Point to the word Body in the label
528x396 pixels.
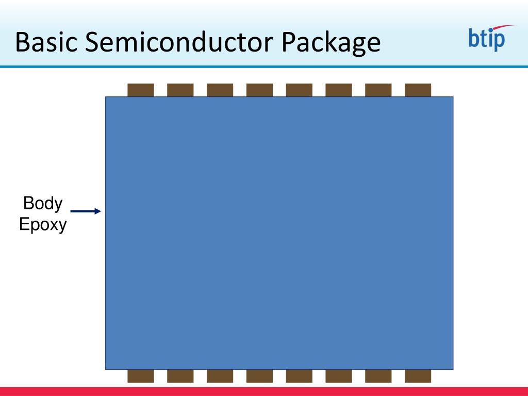click(x=43, y=203)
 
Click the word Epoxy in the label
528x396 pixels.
click(x=43, y=225)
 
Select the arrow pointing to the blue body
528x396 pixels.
click(x=86, y=211)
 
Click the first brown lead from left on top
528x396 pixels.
click(x=141, y=90)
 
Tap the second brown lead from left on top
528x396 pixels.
click(x=180, y=90)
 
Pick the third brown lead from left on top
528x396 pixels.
click(x=220, y=90)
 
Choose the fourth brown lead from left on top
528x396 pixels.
click(x=259, y=90)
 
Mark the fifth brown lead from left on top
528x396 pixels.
click(x=299, y=90)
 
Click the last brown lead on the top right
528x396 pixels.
click(x=418, y=90)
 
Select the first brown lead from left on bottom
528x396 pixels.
click(x=141, y=376)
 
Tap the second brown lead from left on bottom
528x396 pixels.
click(x=180, y=376)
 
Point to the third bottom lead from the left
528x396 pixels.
click(x=220, y=376)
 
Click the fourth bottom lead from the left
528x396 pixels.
click(x=259, y=376)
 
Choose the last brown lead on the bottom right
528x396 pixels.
click(x=418, y=376)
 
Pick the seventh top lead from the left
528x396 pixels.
click(x=378, y=90)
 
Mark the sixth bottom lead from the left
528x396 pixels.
click(x=339, y=376)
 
